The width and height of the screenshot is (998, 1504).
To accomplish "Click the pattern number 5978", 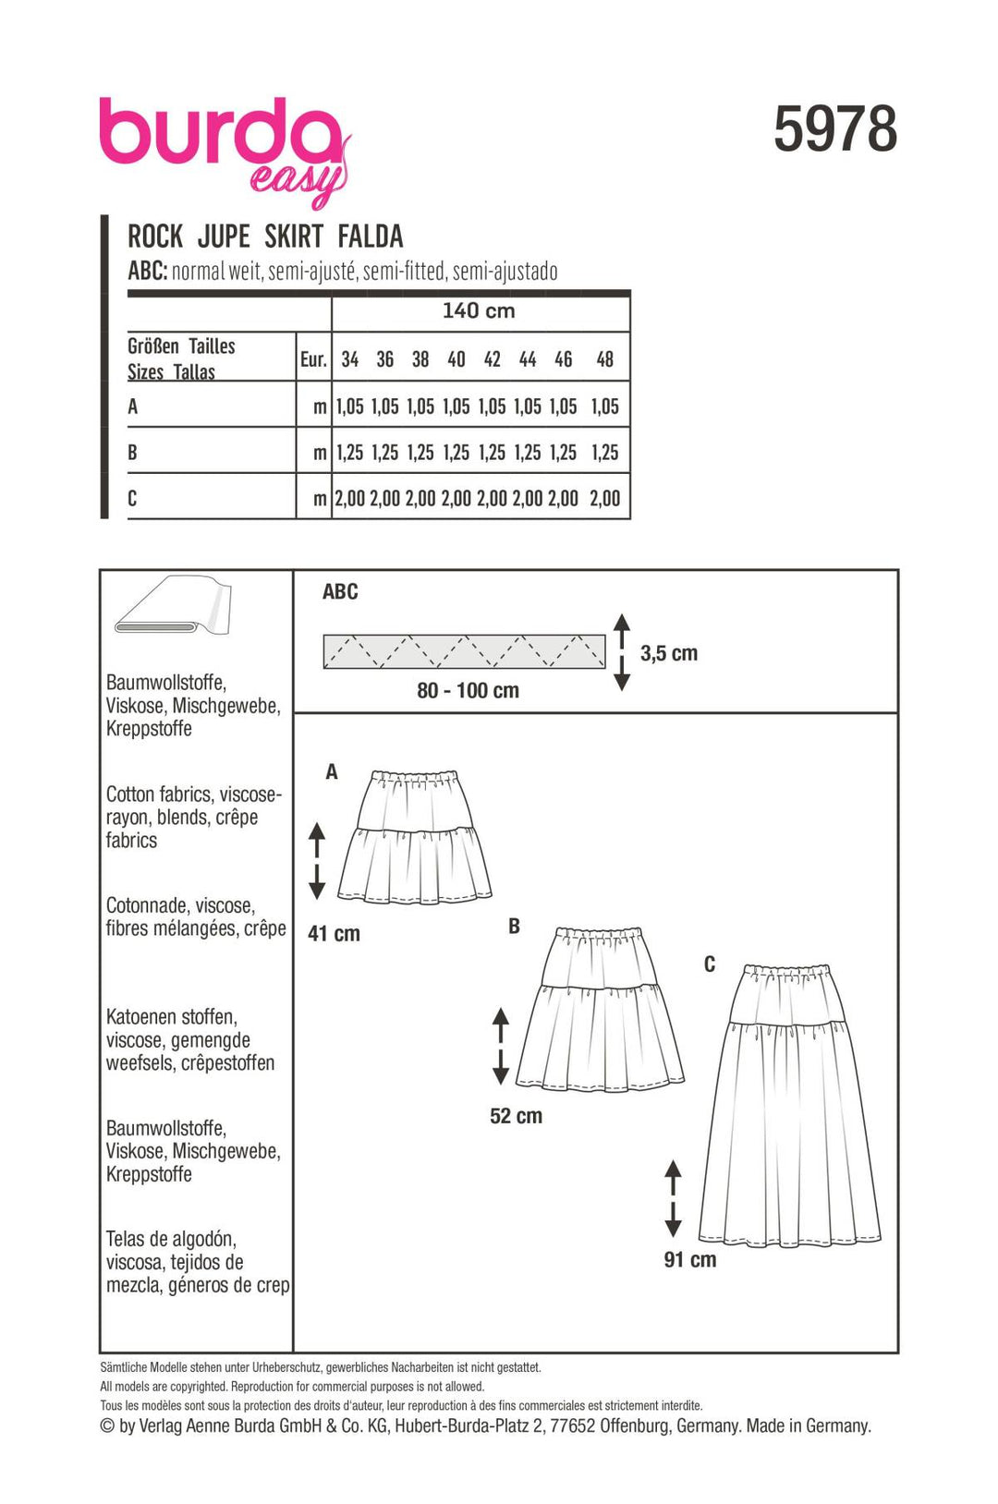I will (x=834, y=129).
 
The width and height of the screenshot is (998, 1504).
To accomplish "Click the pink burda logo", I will (x=222, y=144).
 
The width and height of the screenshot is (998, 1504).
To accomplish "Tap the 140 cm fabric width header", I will (x=479, y=311).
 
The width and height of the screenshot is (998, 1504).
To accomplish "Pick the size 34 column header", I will (x=349, y=359).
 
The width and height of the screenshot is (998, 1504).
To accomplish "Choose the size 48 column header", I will (x=604, y=359).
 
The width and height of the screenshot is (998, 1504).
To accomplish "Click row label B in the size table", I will (x=133, y=453).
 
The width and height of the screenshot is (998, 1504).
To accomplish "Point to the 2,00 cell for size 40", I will (x=456, y=499).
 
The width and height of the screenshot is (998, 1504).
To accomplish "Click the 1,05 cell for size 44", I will (x=528, y=406).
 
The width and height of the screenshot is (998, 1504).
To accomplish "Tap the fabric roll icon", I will (x=173, y=607).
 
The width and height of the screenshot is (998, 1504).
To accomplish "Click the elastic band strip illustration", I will (x=464, y=651).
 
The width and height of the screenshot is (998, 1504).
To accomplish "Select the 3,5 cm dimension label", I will (x=669, y=654).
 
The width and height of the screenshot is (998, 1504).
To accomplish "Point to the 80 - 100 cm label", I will (x=468, y=691).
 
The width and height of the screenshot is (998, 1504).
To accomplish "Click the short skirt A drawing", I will (x=414, y=837).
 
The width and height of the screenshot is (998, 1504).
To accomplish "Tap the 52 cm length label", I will (x=516, y=1116).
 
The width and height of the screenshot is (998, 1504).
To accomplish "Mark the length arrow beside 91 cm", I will (x=673, y=1198).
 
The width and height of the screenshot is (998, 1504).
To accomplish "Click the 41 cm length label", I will (x=334, y=934).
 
